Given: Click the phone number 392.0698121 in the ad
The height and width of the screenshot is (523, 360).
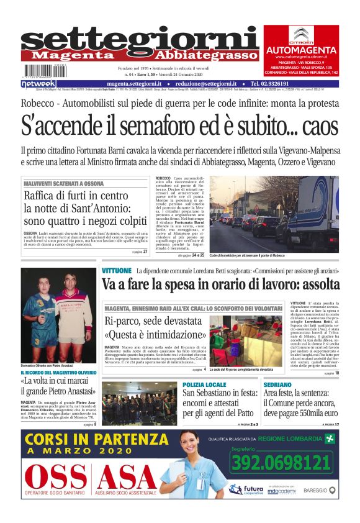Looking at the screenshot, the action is tap(281, 462).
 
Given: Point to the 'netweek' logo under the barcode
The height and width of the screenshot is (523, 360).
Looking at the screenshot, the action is tap(38, 83).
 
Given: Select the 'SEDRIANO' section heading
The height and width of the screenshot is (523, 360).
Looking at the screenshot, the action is tap(277, 385).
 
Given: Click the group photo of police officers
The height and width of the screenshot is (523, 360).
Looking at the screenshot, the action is tap(139, 402).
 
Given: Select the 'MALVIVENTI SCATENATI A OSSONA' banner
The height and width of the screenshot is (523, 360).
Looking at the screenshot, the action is tap(63, 184).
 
